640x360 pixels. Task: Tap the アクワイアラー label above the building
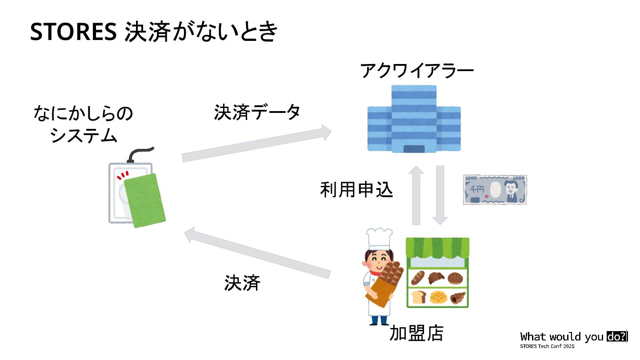[x=417, y=71]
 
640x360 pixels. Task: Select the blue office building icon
[x=414, y=119]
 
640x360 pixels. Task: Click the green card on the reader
[x=144, y=200]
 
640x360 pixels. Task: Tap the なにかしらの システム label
[x=84, y=124]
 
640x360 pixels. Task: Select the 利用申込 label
[x=356, y=190]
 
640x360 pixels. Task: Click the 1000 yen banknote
[x=495, y=189]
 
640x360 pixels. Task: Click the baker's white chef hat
[x=379, y=239]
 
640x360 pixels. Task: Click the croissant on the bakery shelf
[x=436, y=278]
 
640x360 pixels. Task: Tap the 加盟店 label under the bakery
[x=416, y=333]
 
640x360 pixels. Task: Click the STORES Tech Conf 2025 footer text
[x=548, y=346]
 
